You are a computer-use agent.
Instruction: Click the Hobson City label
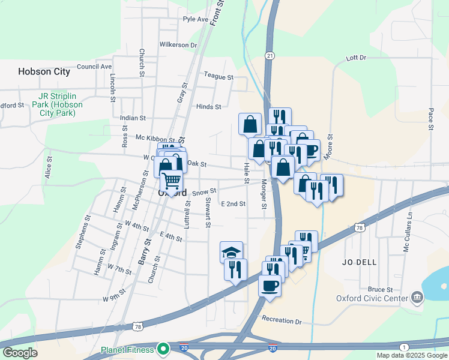(x=44, y=71)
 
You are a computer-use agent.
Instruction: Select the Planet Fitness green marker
(x=163, y=348)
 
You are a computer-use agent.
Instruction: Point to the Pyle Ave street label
(x=196, y=19)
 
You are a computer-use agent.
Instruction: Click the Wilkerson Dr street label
(x=178, y=45)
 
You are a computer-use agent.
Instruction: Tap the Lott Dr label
(x=356, y=58)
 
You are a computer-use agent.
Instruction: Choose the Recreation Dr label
(x=282, y=322)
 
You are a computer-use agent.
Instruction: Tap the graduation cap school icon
(x=232, y=252)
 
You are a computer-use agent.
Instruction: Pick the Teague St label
(x=218, y=77)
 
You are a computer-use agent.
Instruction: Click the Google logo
(x=20, y=353)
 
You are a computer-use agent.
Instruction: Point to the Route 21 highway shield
(x=270, y=56)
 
